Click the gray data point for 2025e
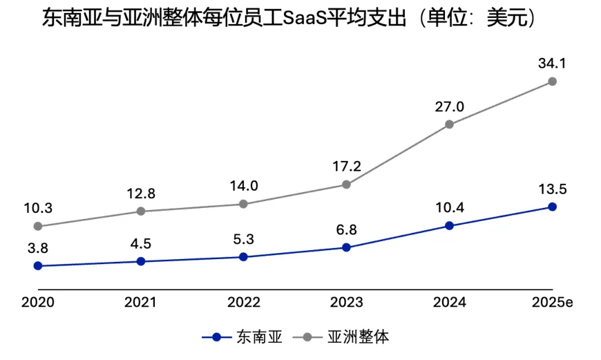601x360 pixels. [552, 82]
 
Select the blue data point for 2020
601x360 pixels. [38, 266]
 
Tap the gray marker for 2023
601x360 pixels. [346, 184]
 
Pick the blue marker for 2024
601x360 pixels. [449, 225]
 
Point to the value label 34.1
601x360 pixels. [552, 64]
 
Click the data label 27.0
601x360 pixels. [449, 106]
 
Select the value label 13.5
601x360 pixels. [553, 189]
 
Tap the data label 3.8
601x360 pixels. [38, 248]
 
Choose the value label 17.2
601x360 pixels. [347, 167]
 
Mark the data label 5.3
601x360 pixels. [243, 239]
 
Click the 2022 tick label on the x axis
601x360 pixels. [243, 302]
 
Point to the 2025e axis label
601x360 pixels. [553, 302]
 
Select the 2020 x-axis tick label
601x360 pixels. [38, 302]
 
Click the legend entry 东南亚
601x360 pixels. [242, 337]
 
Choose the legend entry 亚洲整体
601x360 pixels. [341, 337]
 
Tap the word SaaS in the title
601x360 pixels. [305, 18]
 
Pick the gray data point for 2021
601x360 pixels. [141, 211]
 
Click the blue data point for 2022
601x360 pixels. [243, 257]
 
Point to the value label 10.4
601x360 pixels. [449, 208]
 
